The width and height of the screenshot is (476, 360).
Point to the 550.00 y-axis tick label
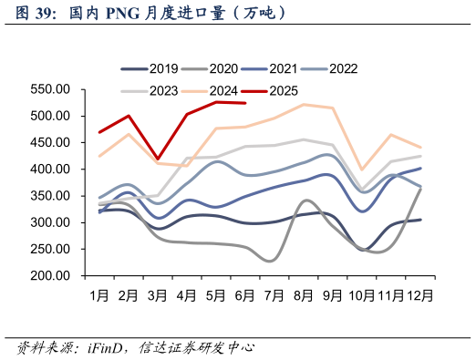[51, 89]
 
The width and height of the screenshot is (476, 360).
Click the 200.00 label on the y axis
[51, 276]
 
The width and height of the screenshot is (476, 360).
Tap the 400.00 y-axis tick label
[51, 170]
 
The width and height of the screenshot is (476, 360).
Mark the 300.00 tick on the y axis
[51, 222]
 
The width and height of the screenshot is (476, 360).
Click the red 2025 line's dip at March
[158, 159]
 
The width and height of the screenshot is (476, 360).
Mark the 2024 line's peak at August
[303, 105]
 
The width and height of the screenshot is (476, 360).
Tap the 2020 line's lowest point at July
[271, 261]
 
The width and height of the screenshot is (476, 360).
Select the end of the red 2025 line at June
[244, 103]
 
